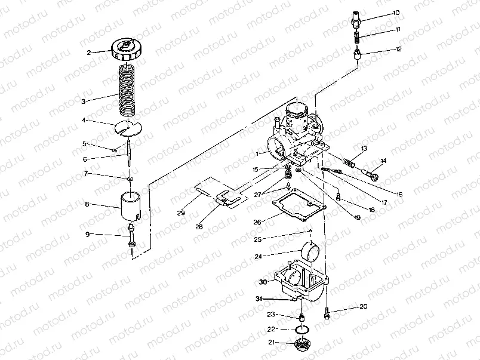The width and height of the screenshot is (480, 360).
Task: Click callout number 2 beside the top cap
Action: point(89,53)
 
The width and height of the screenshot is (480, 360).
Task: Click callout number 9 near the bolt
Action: point(88,235)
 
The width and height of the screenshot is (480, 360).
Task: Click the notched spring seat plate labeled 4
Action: point(131,127)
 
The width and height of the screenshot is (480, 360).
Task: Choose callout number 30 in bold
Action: point(263,281)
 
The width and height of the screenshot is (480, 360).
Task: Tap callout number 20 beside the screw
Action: point(364,307)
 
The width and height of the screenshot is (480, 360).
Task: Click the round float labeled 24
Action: point(311,251)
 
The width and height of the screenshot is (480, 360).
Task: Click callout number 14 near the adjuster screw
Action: point(383,161)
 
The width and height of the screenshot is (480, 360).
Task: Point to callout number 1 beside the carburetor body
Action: point(257,154)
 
